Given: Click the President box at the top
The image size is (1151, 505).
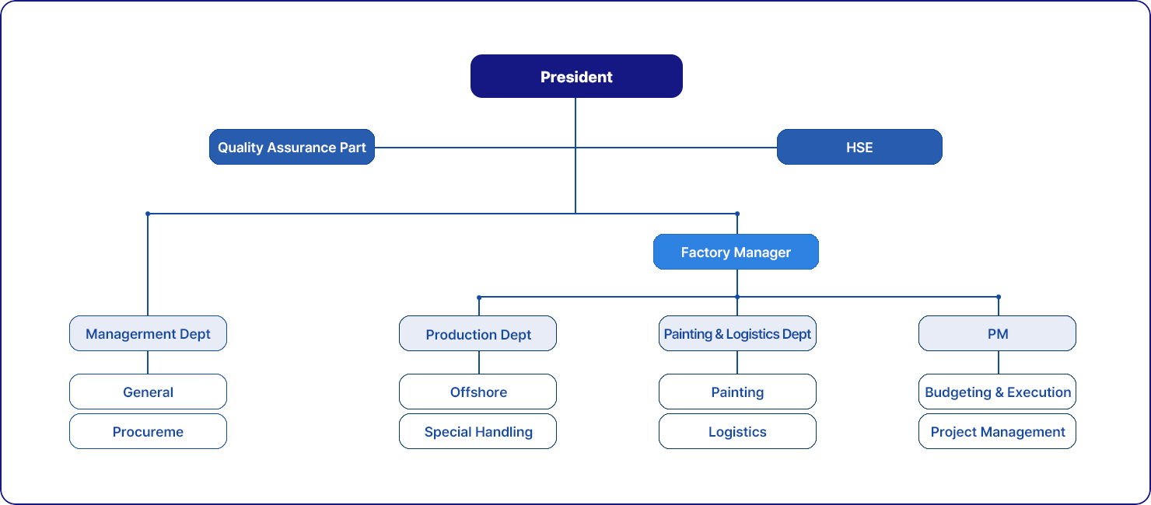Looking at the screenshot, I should click(576, 76).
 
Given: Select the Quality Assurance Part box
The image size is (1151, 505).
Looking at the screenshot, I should click(292, 147).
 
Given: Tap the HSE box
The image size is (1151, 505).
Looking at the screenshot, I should click(859, 147).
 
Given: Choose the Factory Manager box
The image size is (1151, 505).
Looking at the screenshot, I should click(736, 252).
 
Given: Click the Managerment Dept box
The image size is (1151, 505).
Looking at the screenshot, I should click(148, 333).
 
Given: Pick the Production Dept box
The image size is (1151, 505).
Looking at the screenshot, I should click(478, 333).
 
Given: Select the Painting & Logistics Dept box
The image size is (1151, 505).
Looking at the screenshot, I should click(737, 333).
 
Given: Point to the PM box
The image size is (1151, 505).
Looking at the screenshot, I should click(998, 333).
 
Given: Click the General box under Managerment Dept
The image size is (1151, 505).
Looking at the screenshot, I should click(148, 392).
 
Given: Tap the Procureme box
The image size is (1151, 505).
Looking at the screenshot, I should click(148, 431).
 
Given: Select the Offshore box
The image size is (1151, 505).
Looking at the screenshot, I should click(478, 392).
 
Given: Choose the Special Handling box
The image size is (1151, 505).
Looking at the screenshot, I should click(478, 431).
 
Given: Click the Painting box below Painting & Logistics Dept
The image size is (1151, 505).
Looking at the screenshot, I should click(737, 392).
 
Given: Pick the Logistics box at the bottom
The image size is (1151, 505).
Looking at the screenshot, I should click(737, 431).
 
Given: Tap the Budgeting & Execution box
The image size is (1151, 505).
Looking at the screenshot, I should click(998, 392).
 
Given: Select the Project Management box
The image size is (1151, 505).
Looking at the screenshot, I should click(998, 431).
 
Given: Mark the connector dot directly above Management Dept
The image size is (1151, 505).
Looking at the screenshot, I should click(148, 213).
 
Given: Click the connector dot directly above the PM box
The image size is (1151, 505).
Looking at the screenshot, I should click(999, 297).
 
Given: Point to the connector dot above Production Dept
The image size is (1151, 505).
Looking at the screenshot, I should click(479, 297).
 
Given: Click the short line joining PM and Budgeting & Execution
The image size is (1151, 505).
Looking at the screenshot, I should click(999, 362).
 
